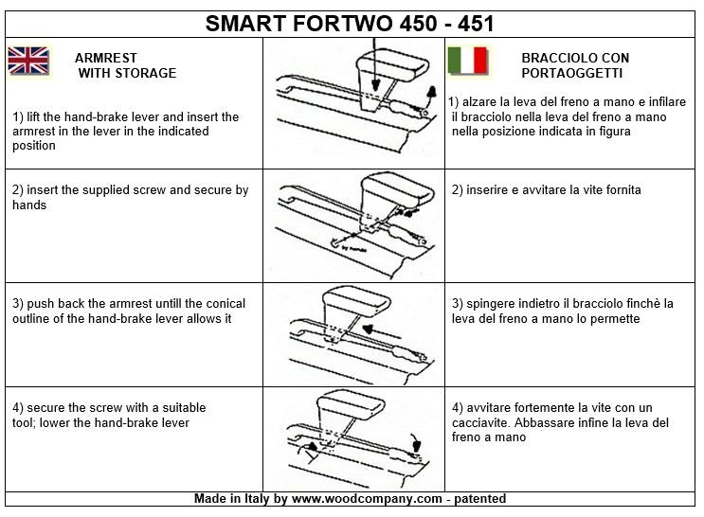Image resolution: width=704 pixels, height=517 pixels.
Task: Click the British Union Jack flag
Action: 28,61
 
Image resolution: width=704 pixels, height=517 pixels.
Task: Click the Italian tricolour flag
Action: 467,60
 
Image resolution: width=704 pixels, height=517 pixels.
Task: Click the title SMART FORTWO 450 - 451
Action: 350,24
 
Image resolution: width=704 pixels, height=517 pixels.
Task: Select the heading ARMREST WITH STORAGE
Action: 126,64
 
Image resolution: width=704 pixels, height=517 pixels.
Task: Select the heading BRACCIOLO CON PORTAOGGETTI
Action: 574,64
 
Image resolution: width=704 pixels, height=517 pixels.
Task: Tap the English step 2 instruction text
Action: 131,197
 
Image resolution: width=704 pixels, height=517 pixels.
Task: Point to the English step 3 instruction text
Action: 130,311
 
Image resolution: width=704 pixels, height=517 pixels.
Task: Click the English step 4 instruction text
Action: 109,415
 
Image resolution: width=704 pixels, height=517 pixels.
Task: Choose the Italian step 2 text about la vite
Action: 547,189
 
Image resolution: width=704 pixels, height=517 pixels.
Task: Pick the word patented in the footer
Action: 478,498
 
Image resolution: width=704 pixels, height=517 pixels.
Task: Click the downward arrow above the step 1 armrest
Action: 376,57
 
